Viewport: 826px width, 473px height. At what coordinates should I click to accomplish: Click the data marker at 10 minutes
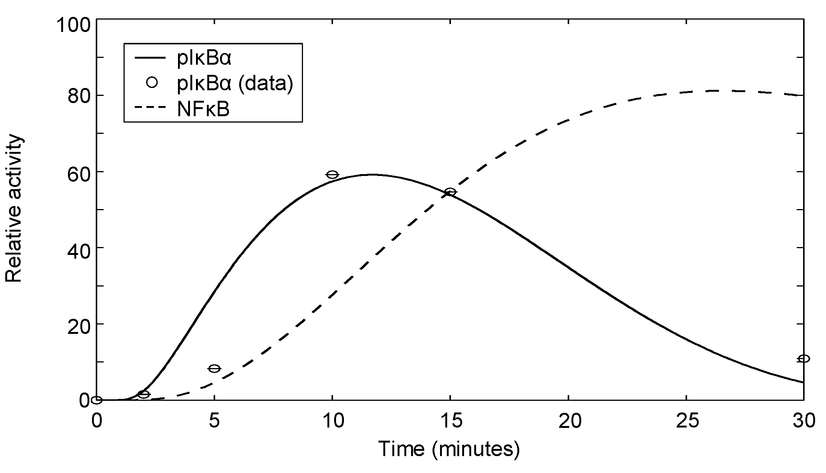point(332,174)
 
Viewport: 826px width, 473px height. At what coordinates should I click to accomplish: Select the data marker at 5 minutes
point(214,368)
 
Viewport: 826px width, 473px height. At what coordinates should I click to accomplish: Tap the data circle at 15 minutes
point(450,192)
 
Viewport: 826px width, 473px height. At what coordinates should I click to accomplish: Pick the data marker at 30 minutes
point(803,359)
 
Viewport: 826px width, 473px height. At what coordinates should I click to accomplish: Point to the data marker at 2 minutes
point(144,394)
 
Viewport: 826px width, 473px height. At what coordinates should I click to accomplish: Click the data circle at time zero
point(97,400)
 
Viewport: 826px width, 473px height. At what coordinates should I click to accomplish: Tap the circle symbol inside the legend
point(152,83)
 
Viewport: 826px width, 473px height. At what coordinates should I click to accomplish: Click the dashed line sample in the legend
point(150,109)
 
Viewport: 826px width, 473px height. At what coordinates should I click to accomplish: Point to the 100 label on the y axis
point(74,26)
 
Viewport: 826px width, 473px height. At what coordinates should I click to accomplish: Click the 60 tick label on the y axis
point(79,172)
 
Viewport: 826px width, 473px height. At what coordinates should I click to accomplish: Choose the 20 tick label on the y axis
point(79,324)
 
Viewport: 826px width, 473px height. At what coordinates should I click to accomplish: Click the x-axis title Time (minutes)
point(449,449)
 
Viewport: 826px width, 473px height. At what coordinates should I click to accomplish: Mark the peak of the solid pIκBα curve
point(372,174)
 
